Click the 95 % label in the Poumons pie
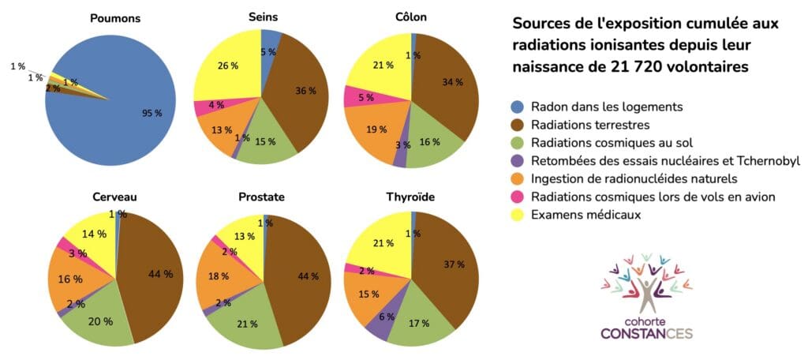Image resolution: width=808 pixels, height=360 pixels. pos(152,114)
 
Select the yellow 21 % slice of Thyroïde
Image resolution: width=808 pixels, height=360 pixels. pos(381,242)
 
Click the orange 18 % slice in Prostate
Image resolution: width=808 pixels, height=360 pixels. pos(232,276)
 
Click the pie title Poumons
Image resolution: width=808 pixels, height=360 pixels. pos(115,19)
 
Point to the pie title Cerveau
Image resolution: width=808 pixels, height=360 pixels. pos(115,197)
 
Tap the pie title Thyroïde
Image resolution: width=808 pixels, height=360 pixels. pos(411,197)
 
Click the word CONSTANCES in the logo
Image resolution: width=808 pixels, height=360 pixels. pos(647,332)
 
